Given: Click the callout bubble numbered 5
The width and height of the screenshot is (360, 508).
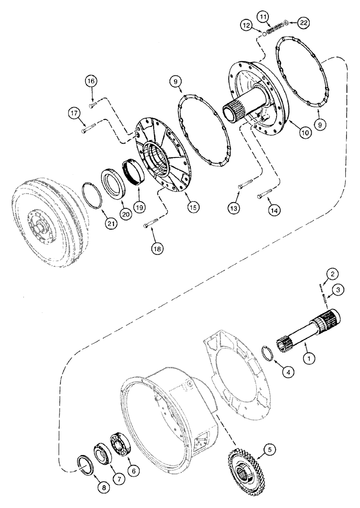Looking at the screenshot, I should coord(269,449).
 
